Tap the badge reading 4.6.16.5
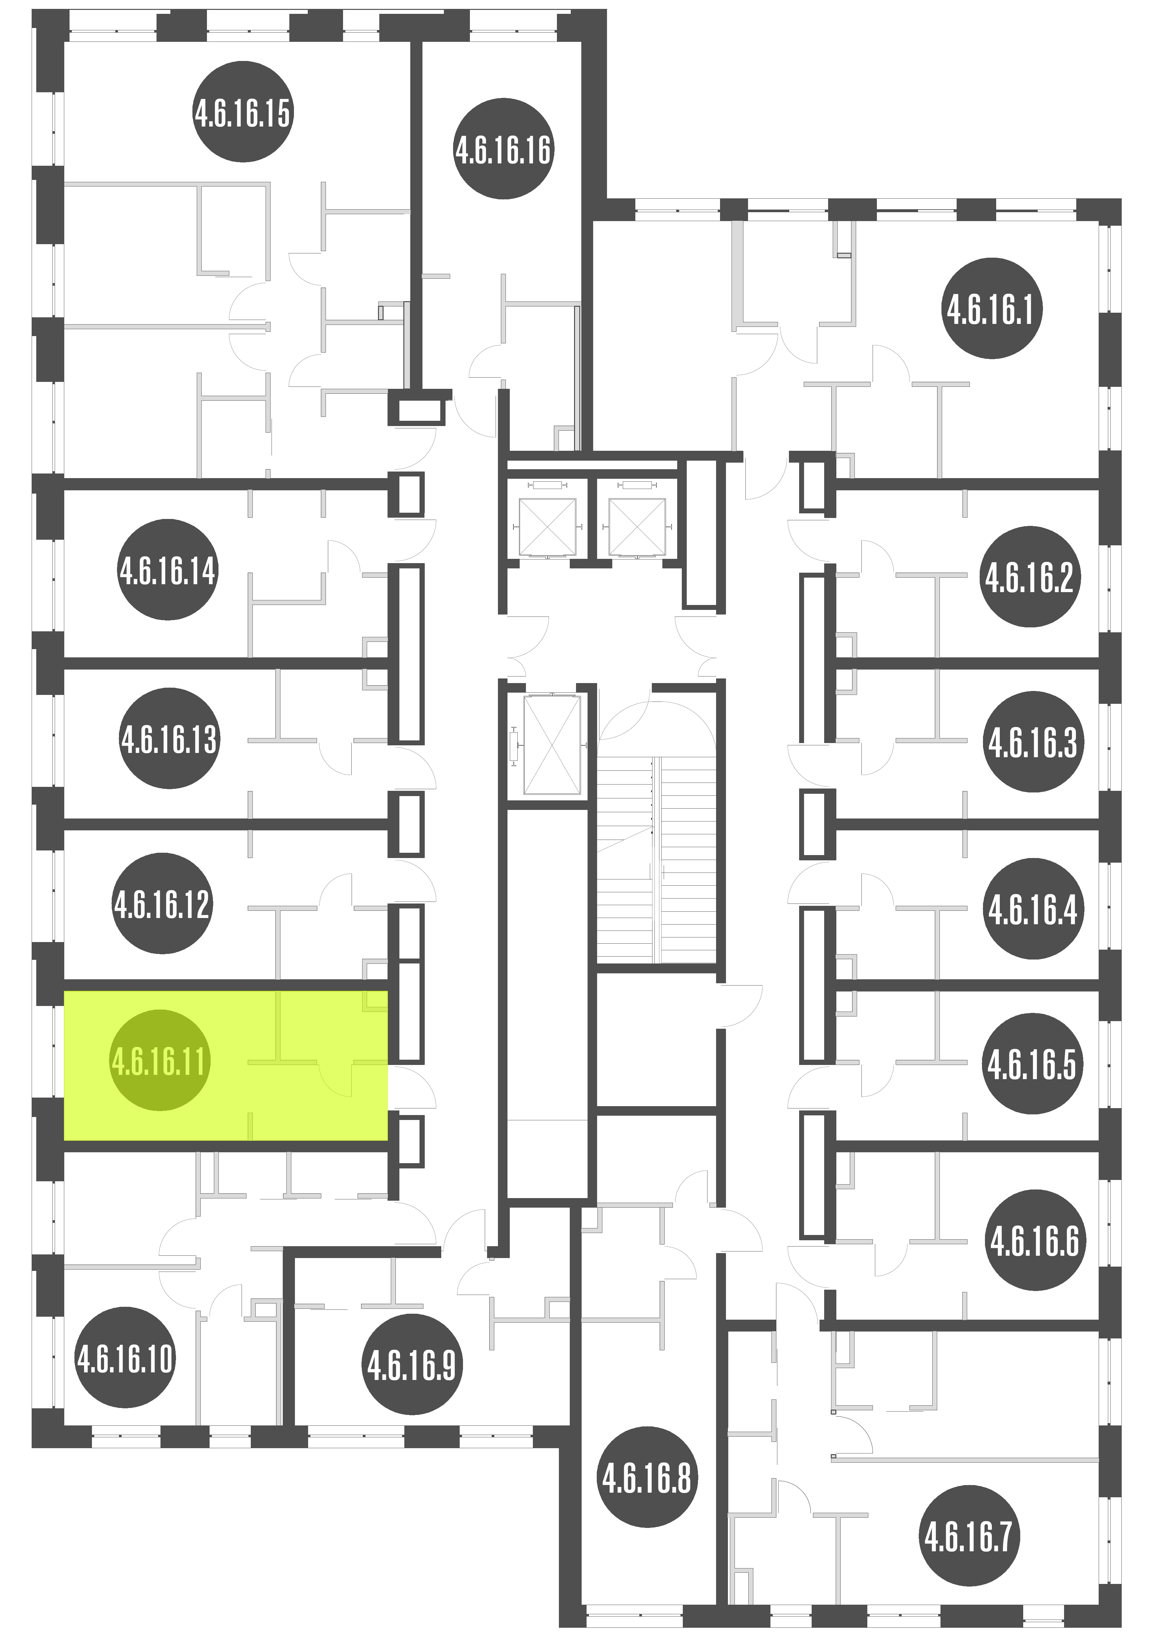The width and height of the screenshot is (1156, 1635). pyautogui.click(x=1032, y=1065)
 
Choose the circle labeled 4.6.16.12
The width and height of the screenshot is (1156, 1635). pyautogui.click(x=162, y=904)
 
